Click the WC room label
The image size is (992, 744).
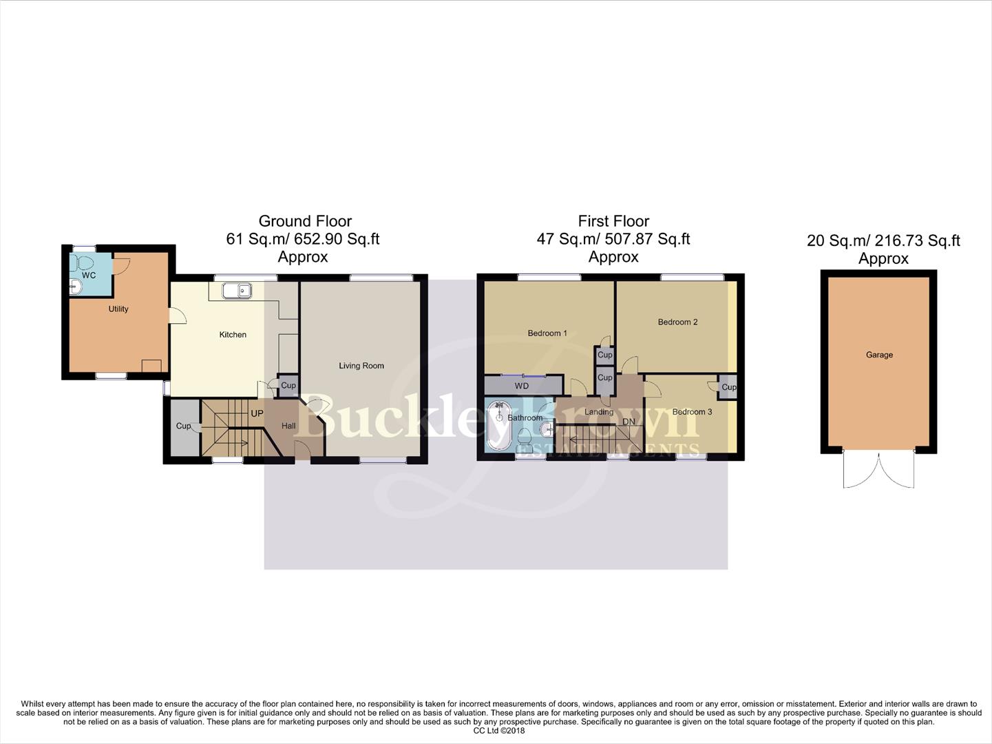[88, 276]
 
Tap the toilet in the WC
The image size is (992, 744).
[84, 263]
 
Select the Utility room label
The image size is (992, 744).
[118, 309]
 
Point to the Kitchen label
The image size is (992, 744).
[233, 335]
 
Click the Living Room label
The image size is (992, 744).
[361, 366]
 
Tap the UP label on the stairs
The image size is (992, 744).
[257, 414]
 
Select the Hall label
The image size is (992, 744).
[288, 426]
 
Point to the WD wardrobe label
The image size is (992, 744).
[522, 386]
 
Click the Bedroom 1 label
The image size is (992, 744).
[547, 333]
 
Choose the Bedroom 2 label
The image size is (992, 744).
[677, 322]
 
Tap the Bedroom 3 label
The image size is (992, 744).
[692, 412]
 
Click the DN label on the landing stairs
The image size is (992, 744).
[629, 422]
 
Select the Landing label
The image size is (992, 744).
[599, 412]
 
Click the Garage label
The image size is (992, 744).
[879, 355]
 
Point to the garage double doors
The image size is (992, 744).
[879, 470]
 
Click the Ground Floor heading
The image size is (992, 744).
[305, 221]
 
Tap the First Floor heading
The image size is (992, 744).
[613, 221]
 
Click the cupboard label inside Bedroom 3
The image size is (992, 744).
[728, 387]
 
